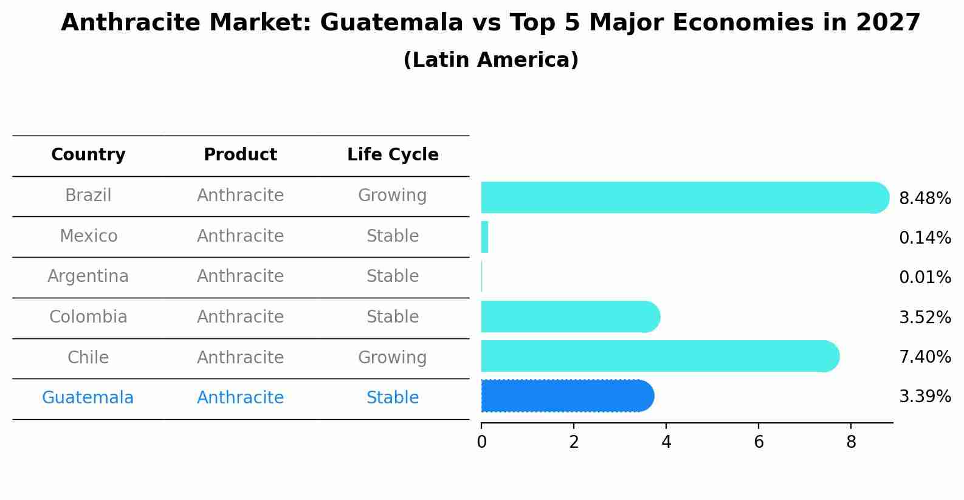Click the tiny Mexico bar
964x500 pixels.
click(x=484, y=237)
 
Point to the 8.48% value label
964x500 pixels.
click(x=924, y=199)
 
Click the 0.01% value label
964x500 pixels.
click(x=924, y=278)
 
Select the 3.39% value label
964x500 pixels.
click(x=924, y=397)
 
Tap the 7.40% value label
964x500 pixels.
click(x=924, y=357)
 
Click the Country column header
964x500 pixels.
click(x=88, y=155)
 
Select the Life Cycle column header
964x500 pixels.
click(x=393, y=155)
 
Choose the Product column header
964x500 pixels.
click(x=240, y=155)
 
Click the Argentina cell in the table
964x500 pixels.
click(x=88, y=276)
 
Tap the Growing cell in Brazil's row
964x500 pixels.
click(x=392, y=196)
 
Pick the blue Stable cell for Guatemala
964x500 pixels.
click(x=392, y=398)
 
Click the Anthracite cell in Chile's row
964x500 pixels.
click(x=240, y=357)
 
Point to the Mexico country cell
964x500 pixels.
click(x=88, y=236)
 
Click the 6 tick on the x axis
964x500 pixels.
click(x=759, y=442)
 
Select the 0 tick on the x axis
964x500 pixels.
click(x=481, y=442)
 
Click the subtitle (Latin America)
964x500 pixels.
click(x=491, y=60)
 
